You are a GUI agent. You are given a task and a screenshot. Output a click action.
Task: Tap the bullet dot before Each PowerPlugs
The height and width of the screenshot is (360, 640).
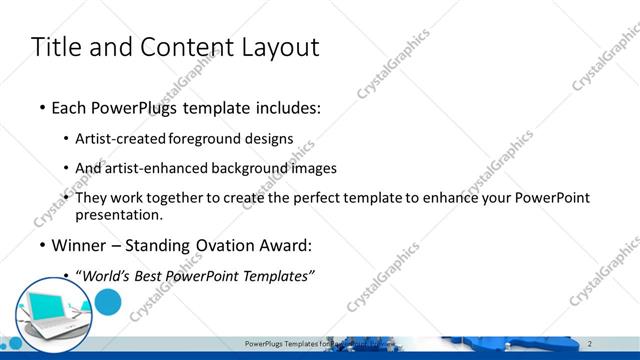tap(42, 108)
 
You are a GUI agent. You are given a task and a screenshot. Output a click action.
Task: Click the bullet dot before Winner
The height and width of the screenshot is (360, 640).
tap(42, 245)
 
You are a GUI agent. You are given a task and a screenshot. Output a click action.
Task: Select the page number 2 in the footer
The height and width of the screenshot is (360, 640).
tap(590, 344)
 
